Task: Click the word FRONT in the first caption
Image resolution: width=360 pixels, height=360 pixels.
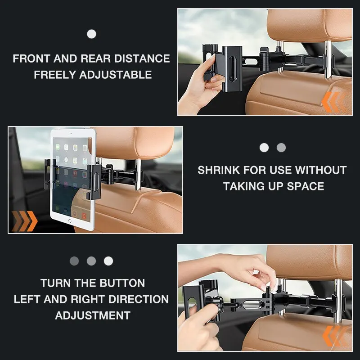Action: [x=31, y=58]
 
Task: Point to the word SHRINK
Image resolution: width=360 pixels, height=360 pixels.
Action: [x=219, y=170]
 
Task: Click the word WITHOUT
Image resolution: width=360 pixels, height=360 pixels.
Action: [x=320, y=170]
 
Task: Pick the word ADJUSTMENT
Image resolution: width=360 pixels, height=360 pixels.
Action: [x=93, y=315]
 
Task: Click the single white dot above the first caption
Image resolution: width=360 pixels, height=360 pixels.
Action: [x=91, y=34]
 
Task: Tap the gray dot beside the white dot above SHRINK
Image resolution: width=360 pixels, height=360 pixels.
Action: [x=281, y=148]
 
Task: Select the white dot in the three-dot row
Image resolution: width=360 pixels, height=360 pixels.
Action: [x=108, y=261]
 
